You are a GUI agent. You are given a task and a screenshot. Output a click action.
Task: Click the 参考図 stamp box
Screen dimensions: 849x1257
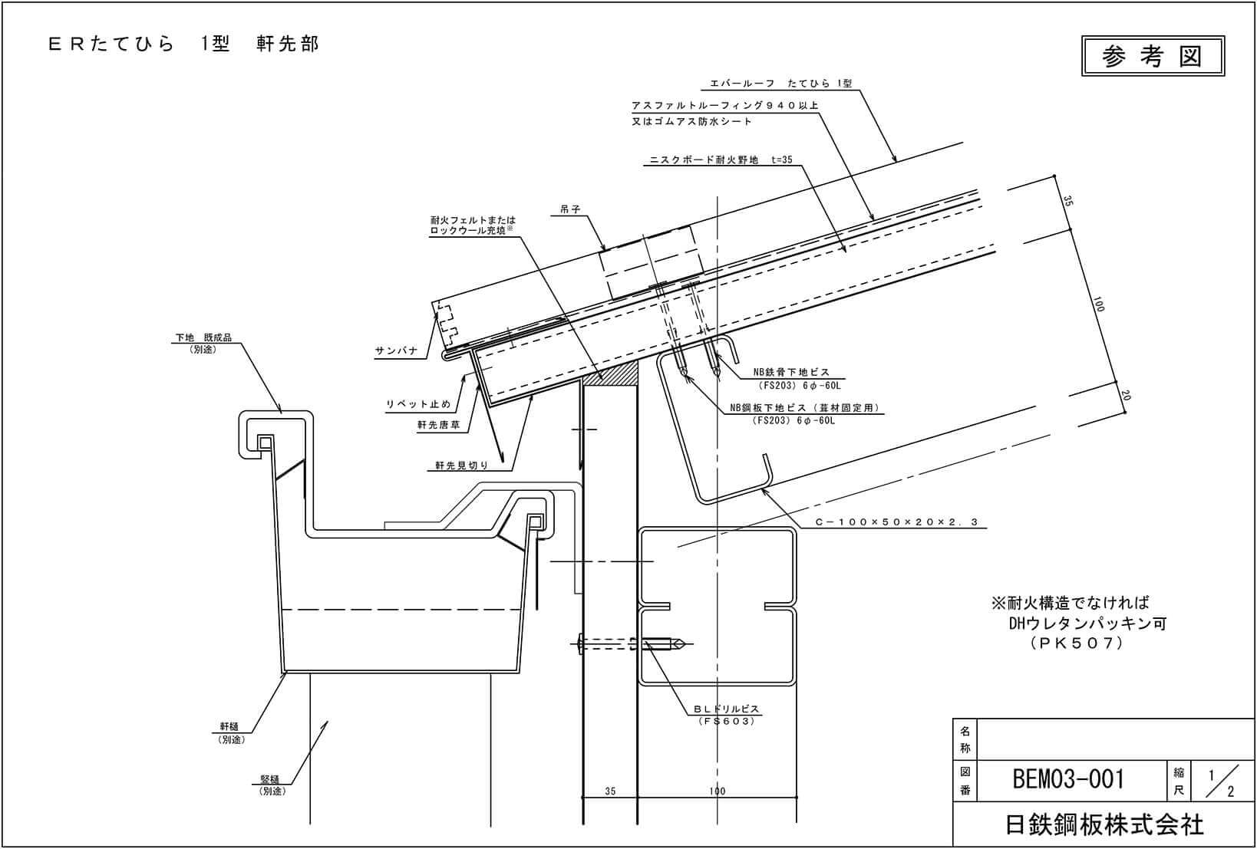point(1152,56)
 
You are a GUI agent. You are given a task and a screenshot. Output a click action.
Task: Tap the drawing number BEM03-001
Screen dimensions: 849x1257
point(1068,779)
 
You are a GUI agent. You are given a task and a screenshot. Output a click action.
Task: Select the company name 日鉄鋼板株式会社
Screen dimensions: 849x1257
point(1104,825)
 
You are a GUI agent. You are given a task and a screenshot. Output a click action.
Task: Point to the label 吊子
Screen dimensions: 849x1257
point(570,209)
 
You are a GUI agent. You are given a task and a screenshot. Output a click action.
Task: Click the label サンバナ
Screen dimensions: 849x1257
point(396,350)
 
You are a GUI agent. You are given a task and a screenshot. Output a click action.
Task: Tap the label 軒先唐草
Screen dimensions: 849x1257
point(438,425)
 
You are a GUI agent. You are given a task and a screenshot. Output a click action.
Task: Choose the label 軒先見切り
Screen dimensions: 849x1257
point(461,465)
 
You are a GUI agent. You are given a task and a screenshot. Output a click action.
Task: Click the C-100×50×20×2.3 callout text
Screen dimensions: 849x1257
point(896,522)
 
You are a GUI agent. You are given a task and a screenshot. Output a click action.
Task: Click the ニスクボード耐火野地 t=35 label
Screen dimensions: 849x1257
point(721,160)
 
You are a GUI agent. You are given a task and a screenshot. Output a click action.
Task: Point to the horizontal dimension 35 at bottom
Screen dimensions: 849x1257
point(610,791)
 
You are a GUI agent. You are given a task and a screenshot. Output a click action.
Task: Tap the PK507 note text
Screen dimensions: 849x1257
point(1077,643)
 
